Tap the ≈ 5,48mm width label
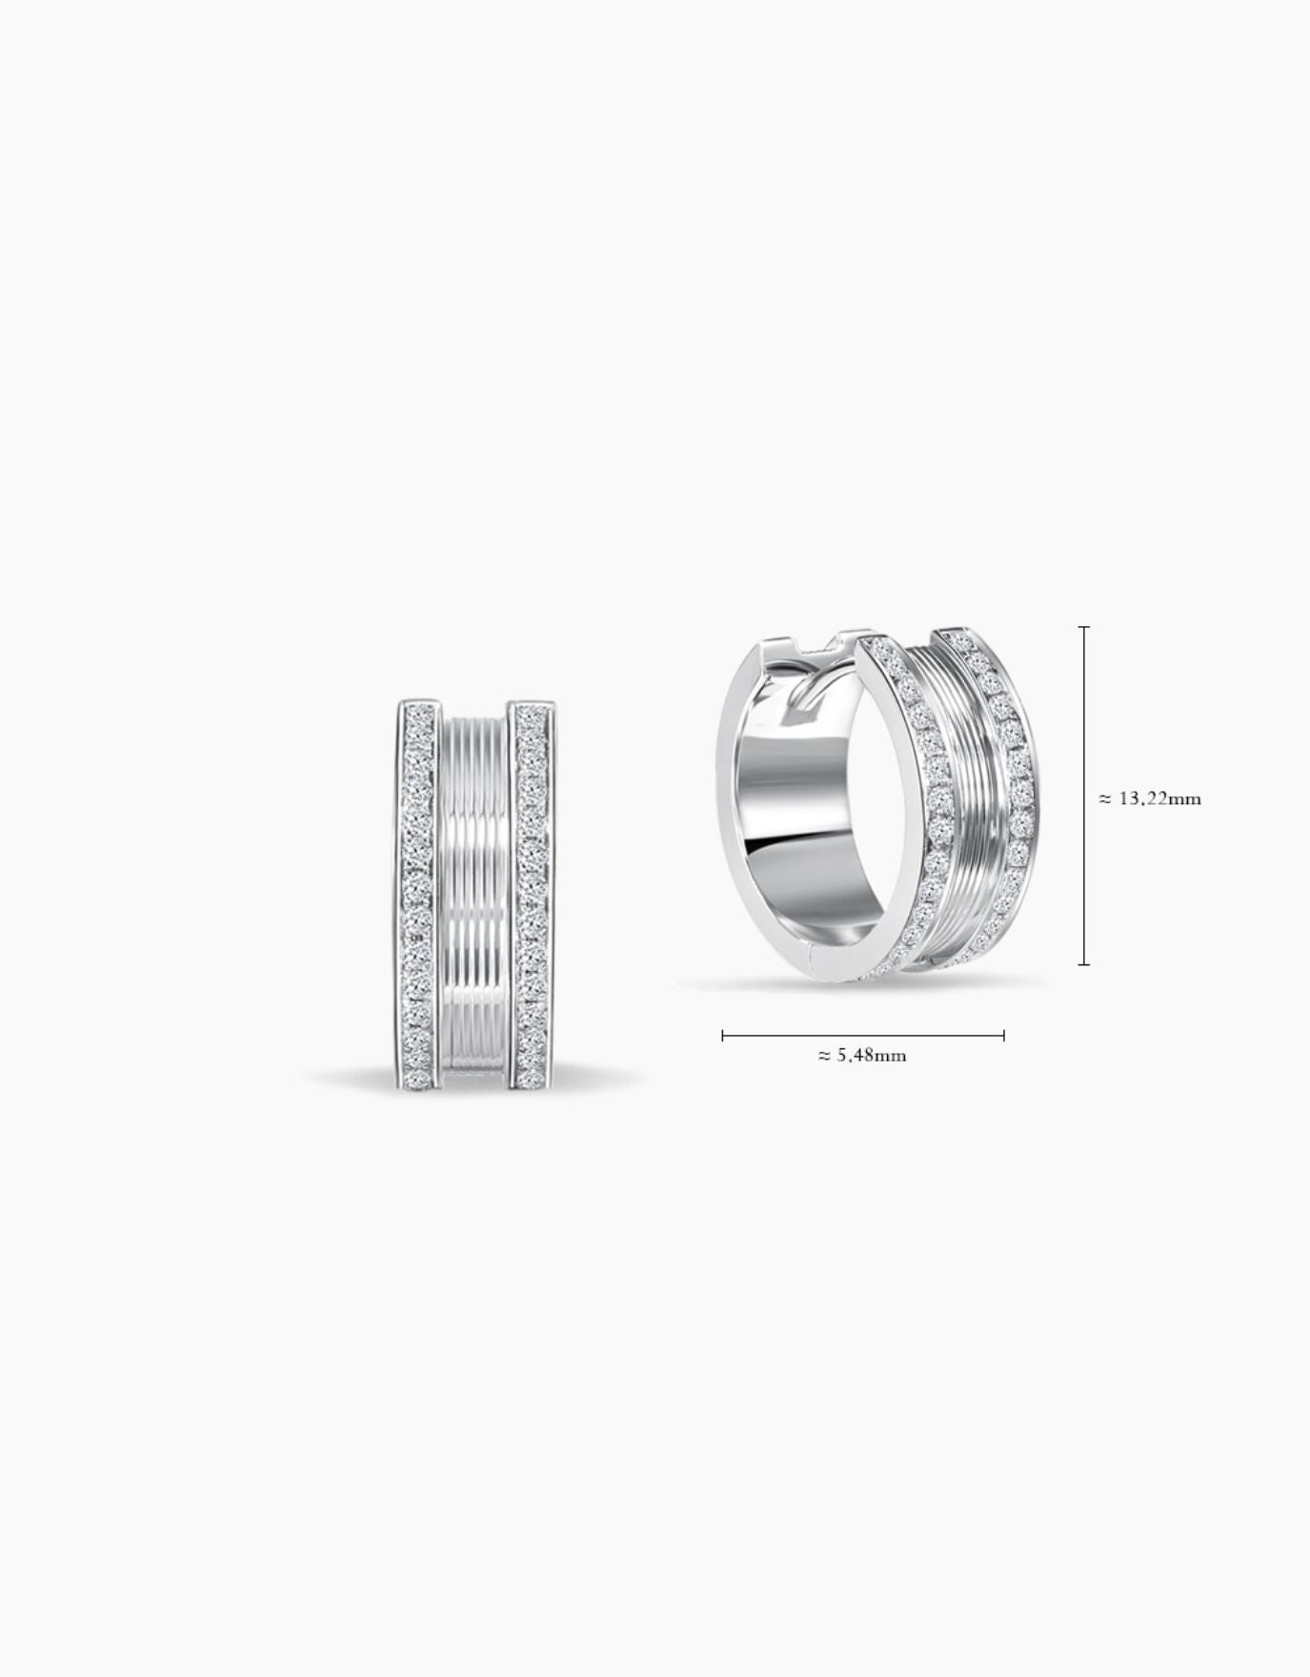[x=862, y=1055]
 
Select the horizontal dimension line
[x=862, y=1035]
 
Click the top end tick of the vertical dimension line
[x=1084, y=627]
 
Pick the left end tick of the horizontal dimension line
[x=723, y=1035]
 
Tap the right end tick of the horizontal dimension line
[x=1003, y=1035]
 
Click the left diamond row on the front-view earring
[x=420, y=896]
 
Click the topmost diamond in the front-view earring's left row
[x=420, y=712]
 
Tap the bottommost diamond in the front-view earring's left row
[x=420, y=1080]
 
